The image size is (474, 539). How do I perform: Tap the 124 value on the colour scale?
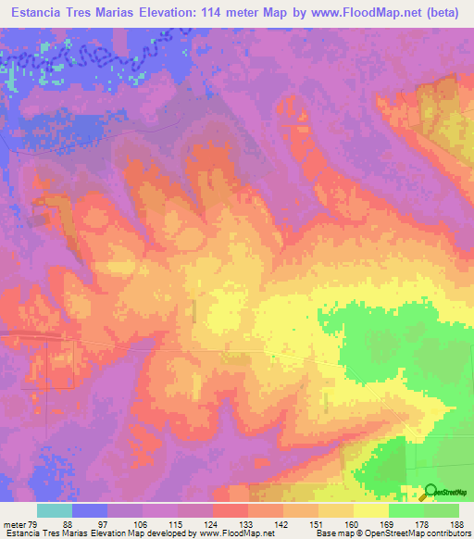[x=212, y=524]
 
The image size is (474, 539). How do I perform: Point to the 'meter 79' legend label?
[x=20, y=524]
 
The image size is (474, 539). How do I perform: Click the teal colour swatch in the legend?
[x=54, y=510]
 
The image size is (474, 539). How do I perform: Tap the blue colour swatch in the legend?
[x=89, y=510]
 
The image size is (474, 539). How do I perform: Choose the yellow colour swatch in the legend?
[x=370, y=510]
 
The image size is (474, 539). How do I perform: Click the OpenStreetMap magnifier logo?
[x=431, y=493]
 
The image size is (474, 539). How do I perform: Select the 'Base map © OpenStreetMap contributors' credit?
[x=392, y=533]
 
